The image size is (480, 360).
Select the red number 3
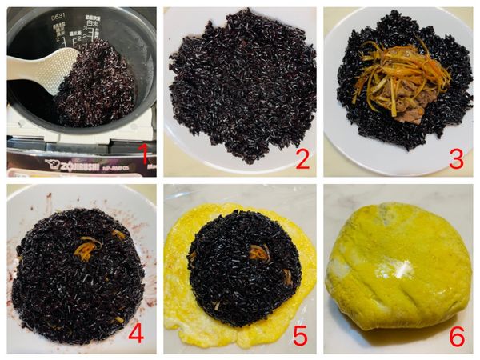coord(456,158)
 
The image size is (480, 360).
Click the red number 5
coord(300,335)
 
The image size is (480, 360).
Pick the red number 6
coord(456,336)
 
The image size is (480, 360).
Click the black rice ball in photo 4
coord(80,272)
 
